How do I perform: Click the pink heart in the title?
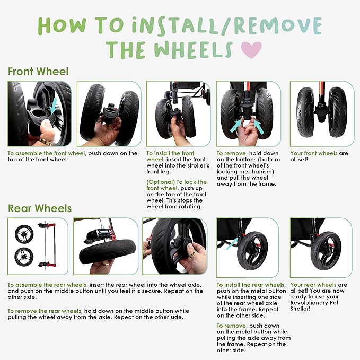click(251, 50)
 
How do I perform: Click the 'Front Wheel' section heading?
click(38, 72)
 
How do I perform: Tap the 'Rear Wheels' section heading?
click(40, 208)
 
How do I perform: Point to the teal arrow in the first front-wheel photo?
click(54, 106)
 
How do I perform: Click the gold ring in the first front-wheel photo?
click(45, 141)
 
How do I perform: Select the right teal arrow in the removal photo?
click(258, 127)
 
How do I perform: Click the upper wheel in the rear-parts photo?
click(24, 234)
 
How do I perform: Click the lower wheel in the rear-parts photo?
click(24, 257)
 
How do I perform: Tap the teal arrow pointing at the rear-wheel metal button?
click(232, 243)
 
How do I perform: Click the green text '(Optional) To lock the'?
click(177, 182)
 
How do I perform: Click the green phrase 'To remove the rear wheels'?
click(45, 311)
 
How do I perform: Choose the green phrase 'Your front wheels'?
click(314, 153)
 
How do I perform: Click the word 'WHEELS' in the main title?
click(193, 49)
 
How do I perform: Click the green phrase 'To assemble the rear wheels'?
click(48, 285)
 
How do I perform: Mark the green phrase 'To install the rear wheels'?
click(251, 285)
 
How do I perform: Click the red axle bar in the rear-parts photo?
click(55, 245)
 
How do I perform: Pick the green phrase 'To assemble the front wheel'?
click(46, 153)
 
